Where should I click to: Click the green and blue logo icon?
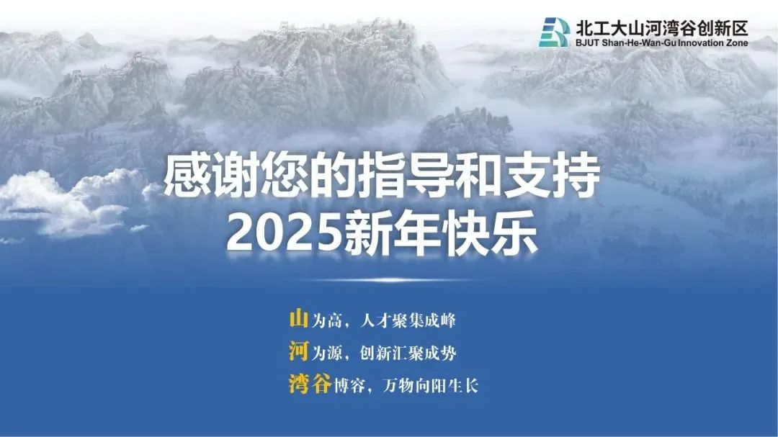pos(554,32)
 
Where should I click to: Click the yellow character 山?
pos(299,318)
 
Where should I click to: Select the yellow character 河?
pos(299,351)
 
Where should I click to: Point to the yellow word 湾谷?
pos(310,384)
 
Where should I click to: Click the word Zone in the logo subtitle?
pos(736,42)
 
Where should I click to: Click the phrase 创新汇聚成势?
pos(408,353)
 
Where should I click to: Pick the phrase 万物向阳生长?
pos(431,385)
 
